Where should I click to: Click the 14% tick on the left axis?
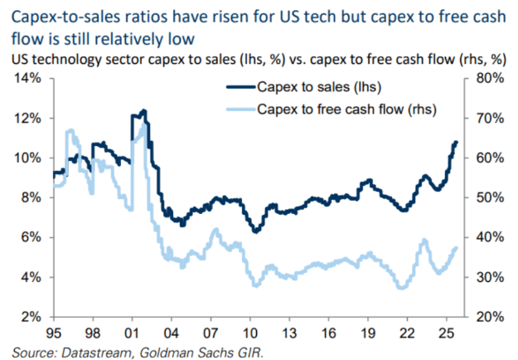pyautogui.click(x=29, y=78)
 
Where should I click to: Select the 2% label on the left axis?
pyautogui.click(x=31, y=317)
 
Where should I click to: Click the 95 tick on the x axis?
pyautogui.click(x=52, y=334)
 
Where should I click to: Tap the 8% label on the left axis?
pyautogui.click(x=31, y=197)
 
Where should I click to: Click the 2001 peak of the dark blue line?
pyautogui.click(x=144, y=110)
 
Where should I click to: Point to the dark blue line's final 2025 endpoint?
pyautogui.click(x=457, y=143)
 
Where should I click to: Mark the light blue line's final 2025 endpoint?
pyautogui.click(x=457, y=248)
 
